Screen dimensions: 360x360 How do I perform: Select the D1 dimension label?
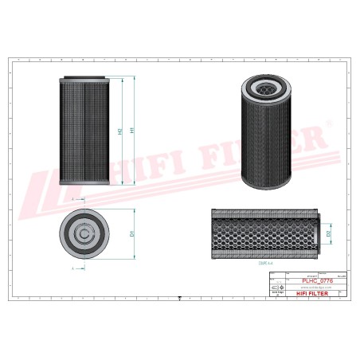tap(131, 234)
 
